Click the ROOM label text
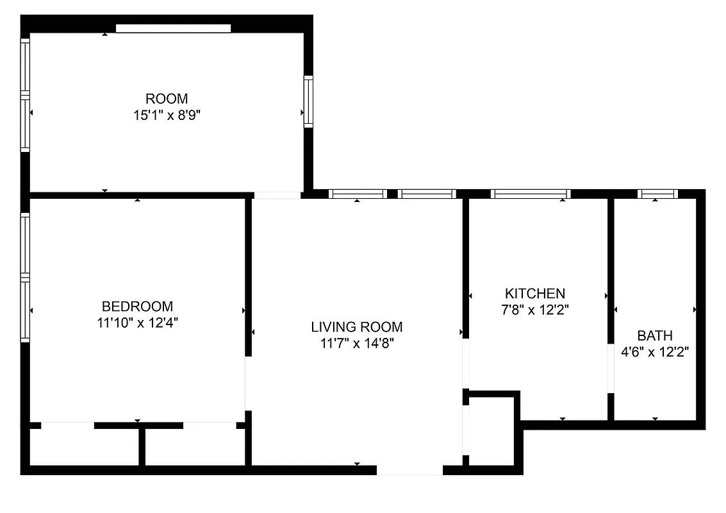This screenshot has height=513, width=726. click(167, 99)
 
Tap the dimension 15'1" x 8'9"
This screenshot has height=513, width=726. click(167, 115)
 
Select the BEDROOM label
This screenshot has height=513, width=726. click(137, 307)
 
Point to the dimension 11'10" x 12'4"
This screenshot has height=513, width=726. click(137, 323)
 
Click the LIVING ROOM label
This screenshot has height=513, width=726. click(356, 327)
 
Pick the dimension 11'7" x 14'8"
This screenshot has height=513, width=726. click(356, 343)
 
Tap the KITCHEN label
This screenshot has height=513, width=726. click(535, 294)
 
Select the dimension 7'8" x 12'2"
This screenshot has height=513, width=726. click(535, 310)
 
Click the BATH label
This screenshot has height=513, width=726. click(654, 335)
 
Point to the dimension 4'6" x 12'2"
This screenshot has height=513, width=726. click(654, 352)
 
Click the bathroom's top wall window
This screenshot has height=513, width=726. click(657, 194)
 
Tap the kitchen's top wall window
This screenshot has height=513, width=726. click(530, 194)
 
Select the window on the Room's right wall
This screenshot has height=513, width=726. click(308, 101)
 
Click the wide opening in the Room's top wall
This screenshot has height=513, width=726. click(173, 28)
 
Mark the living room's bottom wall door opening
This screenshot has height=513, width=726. click(409, 470)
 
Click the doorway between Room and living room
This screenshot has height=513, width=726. click(277, 195)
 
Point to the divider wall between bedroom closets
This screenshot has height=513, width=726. click(142, 446)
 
